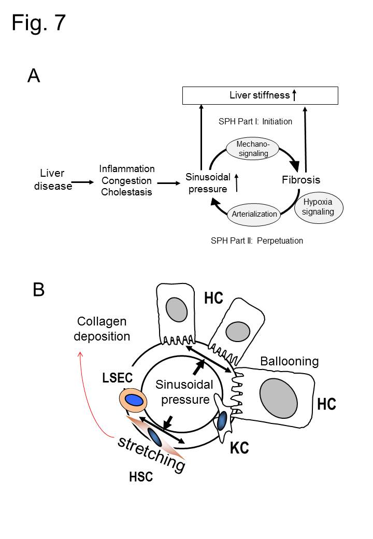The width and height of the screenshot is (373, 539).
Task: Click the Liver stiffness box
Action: click(x=260, y=95)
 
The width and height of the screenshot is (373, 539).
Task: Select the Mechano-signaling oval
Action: click(x=253, y=149)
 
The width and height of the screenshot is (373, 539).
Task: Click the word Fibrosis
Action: click(x=301, y=180)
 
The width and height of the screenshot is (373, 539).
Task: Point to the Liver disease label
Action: click(x=52, y=179)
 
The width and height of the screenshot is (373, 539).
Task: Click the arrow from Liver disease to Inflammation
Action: click(x=82, y=182)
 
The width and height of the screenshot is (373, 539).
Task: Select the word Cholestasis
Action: click(x=127, y=193)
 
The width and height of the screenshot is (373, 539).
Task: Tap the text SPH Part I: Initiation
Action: click(x=256, y=122)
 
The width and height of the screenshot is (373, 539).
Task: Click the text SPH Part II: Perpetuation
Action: click(x=257, y=240)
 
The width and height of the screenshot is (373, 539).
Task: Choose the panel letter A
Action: click(x=34, y=76)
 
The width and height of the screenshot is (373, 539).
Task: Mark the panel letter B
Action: click(x=38, y=289)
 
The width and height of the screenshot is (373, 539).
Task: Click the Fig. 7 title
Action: click(x=38, y=23)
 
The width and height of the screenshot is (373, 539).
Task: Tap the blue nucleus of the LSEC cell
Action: click(x=134, y=400)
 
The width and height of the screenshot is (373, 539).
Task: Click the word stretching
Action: click(x=151, y=453)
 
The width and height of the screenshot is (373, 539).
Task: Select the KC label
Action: click(x=239, y=448)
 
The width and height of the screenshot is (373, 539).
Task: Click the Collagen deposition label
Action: click(x=102, y=329)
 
